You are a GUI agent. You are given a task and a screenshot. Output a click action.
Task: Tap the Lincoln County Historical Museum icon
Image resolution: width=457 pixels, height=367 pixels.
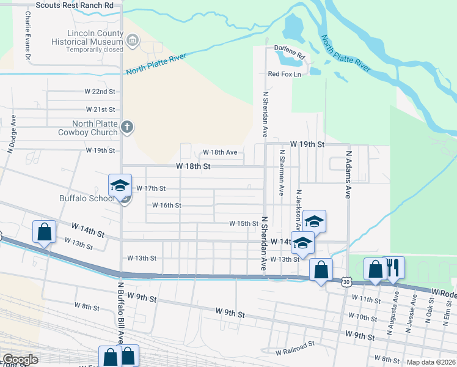(132, 41)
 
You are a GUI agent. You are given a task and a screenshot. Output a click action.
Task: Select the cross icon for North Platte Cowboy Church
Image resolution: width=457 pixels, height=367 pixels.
(127, 127)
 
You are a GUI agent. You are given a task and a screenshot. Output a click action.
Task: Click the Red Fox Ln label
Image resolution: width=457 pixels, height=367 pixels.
(285, 74)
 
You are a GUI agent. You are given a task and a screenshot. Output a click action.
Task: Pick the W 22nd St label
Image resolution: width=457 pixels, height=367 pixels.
(100, 92)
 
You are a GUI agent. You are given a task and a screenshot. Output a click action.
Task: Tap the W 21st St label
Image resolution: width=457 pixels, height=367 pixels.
(100, 109)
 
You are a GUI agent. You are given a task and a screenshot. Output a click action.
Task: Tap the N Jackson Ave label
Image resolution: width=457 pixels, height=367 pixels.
(299, 207)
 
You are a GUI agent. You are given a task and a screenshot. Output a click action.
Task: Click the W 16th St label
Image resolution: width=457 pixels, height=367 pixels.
(166, 206)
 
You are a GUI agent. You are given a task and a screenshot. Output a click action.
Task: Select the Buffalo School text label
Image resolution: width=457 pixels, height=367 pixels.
(87, 198)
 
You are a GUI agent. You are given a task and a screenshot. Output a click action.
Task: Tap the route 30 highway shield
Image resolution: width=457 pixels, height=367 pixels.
(346, 282)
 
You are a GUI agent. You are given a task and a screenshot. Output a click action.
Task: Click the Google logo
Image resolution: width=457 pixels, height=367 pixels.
(20, 360)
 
